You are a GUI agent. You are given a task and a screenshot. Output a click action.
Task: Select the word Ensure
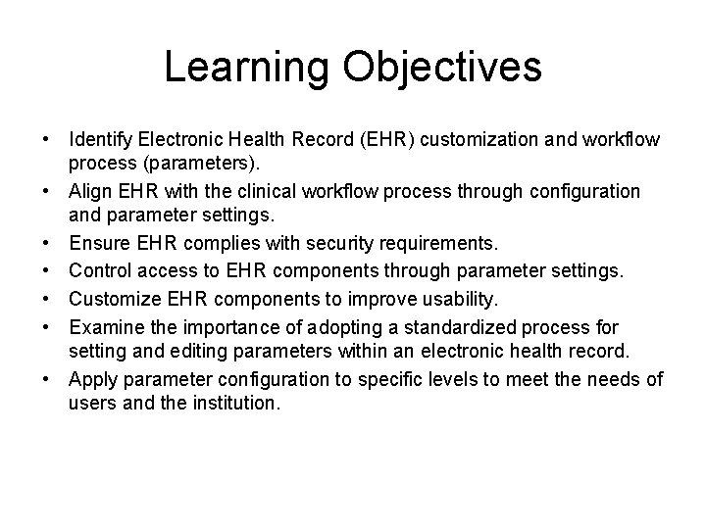point(99,243)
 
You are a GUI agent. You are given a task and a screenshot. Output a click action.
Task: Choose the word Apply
point(91,379)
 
